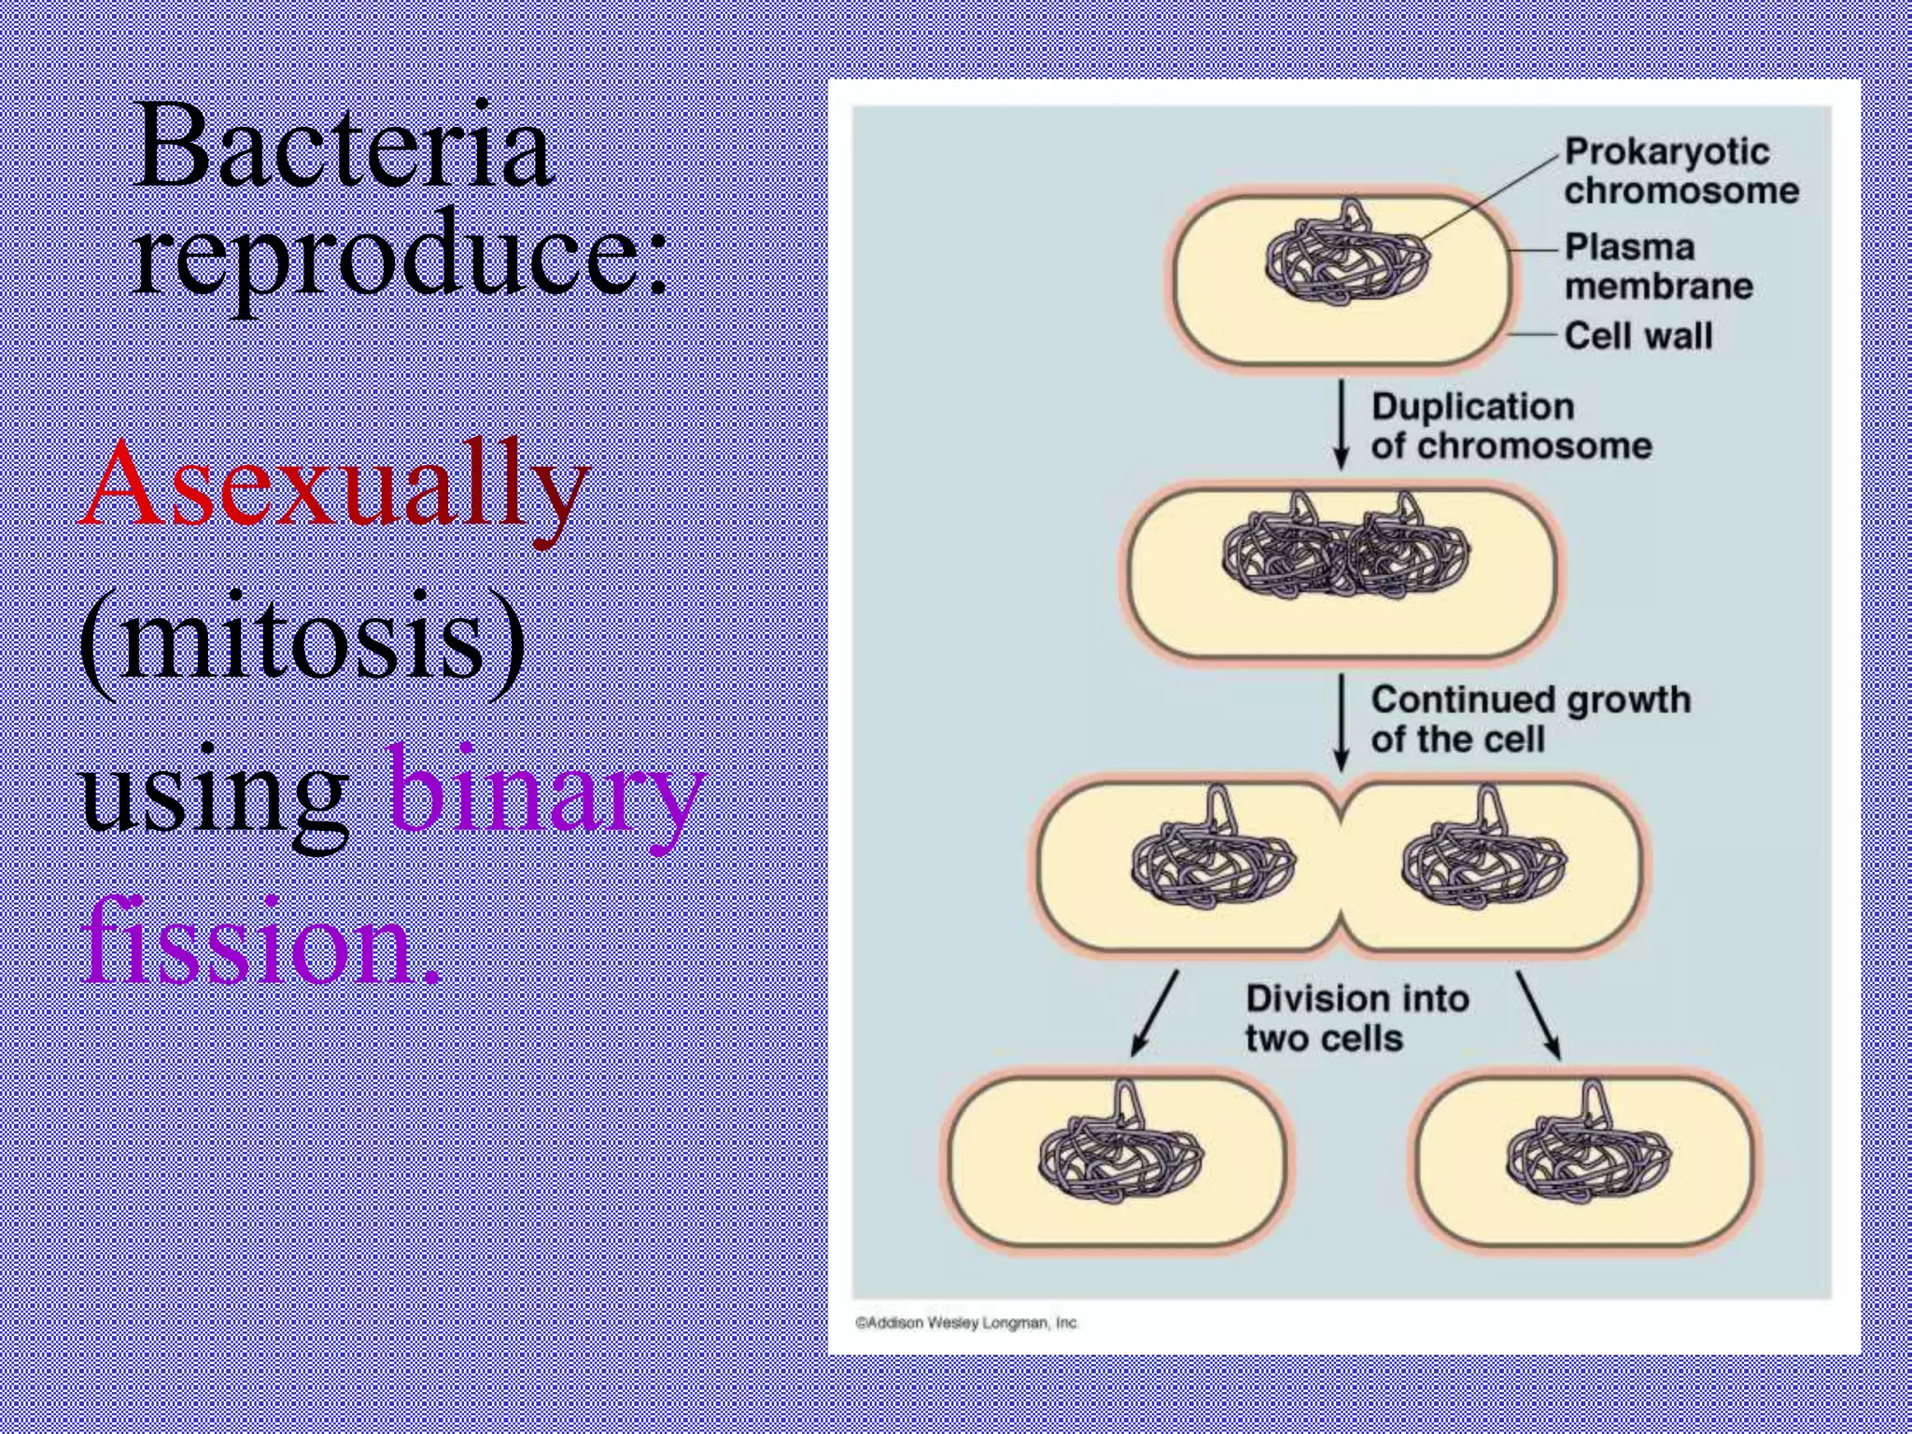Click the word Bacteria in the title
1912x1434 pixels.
pos(344,148)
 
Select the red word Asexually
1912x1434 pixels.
pos(334,485)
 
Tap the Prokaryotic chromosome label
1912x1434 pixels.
pos(1680,170)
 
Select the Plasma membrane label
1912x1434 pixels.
pos(1658,266)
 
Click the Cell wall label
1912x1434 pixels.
pos(1638,335)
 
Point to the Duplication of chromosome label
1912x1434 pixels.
pos(1511,426)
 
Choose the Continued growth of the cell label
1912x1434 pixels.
pos(1529,719)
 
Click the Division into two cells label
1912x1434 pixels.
pos(1356,1018)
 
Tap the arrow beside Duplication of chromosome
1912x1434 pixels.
pos(1342,424)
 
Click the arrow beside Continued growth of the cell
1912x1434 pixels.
pos(1342,721)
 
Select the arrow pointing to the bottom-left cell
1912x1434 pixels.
pos(1155,1013)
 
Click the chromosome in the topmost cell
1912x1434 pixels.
pos(1346,258)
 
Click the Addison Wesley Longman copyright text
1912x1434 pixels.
pos(966,1323)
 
